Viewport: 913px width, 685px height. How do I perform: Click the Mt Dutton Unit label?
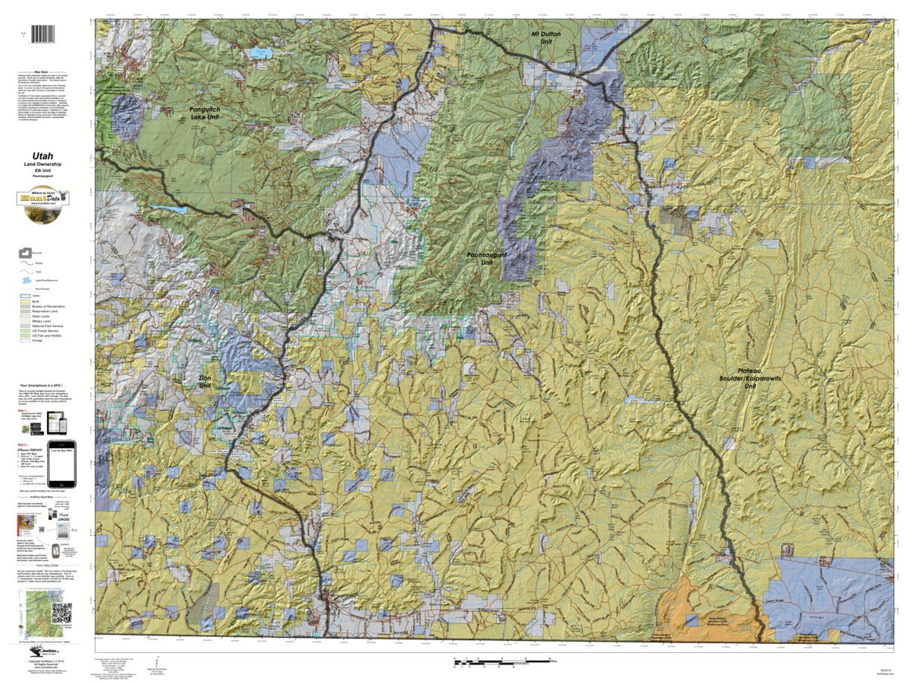(x=546, y=39)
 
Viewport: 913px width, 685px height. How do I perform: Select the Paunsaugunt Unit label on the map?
(x=484, y=260)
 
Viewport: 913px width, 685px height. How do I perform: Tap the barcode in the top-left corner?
(x=44, y=35)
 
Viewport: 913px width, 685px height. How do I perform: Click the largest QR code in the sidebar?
(x=62, y=612)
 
